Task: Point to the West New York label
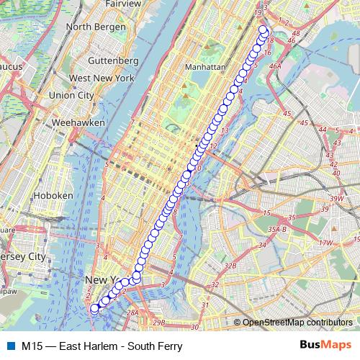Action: tap(102, 78)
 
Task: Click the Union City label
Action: tap(71, 95)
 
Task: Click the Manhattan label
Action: tap(205, 66)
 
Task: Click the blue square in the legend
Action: tap(9, 346)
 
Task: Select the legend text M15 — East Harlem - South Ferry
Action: tap(102, 346)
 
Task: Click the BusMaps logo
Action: tap(325, 346)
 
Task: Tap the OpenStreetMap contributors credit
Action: tap(297, 323)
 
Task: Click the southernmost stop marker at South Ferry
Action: tap(94, 308)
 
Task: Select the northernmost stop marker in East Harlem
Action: tap(264, 30)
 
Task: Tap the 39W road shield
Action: tap(336, 199)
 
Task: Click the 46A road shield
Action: tap(275, 66)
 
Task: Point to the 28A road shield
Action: tap(132, 312)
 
